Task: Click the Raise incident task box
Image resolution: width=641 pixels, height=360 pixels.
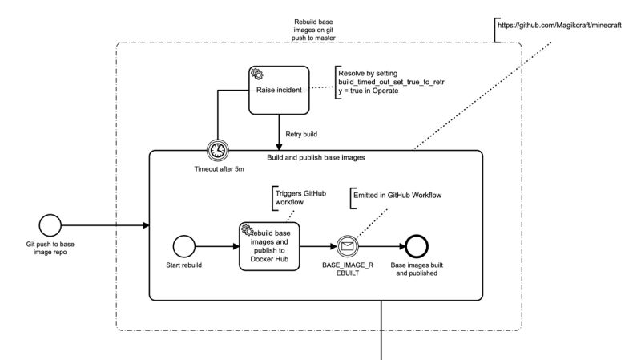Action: (279, 90)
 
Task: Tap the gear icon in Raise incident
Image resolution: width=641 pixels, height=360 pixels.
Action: (257, 74)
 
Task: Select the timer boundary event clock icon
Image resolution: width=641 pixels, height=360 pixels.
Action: (217, 150)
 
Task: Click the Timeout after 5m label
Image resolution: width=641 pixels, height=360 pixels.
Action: (219, 169)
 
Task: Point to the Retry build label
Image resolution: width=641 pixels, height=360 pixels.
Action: (301, 134)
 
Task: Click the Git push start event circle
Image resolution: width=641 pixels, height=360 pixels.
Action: (50, 225)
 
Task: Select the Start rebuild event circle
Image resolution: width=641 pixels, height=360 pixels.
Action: (184, 246)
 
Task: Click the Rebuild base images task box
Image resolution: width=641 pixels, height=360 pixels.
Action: (269, 246)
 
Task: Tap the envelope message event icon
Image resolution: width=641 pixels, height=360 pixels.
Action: (348, 246)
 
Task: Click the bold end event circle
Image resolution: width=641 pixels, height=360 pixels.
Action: (417, 246)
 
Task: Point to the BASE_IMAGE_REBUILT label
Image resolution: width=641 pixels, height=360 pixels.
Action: (348, 269)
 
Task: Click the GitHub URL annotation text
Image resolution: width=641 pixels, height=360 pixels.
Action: (559, 26)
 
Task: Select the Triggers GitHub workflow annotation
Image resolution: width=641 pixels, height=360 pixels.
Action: (300, 197)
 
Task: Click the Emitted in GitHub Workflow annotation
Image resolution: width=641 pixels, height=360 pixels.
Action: (397, 196)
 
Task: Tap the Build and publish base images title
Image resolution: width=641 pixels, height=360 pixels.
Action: (316, 157)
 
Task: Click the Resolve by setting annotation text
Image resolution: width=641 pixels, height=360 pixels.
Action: (391, 82)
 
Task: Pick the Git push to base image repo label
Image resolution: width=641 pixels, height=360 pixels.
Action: (50, 248)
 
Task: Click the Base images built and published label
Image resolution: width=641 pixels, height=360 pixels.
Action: (417, 269)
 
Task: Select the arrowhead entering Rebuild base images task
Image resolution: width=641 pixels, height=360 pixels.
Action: (236, 246)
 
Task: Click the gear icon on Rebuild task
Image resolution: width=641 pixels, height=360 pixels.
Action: (247, 230)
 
